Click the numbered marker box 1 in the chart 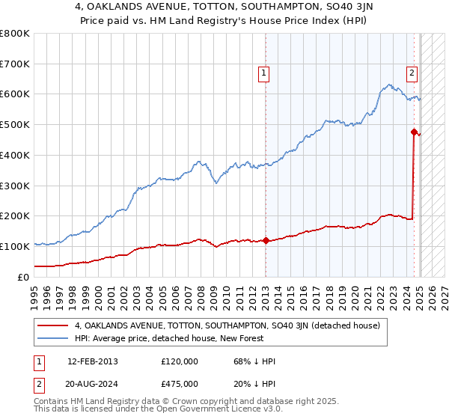point(265,73)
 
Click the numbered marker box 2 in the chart point(412,73)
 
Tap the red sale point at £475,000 point(414,132)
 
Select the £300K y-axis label point(16,186)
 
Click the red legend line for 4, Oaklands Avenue point(53,325)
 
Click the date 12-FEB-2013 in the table point(92,361)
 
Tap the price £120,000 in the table point(180,361)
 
